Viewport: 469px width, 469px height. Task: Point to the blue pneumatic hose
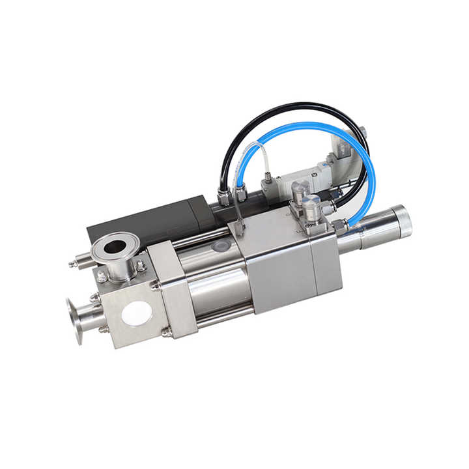coord(365,156)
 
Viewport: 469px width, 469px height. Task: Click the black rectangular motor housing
coord(143,221)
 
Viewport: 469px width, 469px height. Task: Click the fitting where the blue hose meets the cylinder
coord(340,226)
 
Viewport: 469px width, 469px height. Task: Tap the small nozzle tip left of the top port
coord(74,264)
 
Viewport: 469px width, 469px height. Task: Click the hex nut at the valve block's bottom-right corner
coord(167,332)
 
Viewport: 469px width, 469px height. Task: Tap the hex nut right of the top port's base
coord(141,266)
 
